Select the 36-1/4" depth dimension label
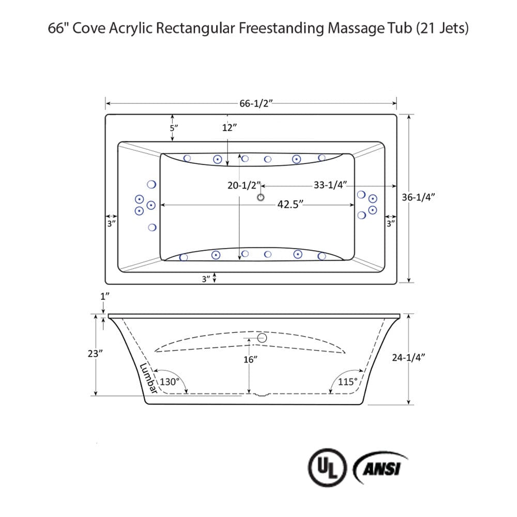pyautogui.click(x=419, y=197)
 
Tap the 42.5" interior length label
pyautogui.click(x=290, y=204)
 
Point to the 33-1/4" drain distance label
pyautogui.click(x=330, y=185)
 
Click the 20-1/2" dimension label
pyautogui.click(x=243, y=185)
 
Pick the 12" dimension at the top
pyautogui.click(x=229, y=128)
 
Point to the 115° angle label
pyautogui.click(x=348, y=382)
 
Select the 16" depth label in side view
pyautogui.click(x=250, y=359)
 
